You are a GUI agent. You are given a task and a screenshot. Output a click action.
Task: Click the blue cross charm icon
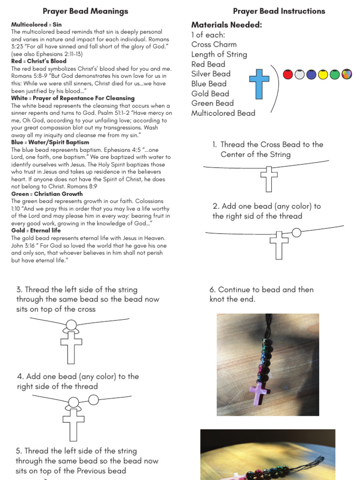259,84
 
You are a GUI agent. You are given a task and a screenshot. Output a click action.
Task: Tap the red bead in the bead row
288,74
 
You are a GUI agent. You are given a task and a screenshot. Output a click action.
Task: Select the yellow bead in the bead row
323,74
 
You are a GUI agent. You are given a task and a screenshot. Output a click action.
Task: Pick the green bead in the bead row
335,74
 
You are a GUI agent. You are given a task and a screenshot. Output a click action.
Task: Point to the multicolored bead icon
346,74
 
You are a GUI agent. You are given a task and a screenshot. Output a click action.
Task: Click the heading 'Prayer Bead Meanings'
85,11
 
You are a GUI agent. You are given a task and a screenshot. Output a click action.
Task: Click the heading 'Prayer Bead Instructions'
279,11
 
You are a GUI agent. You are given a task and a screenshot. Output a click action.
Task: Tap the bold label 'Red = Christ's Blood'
39,61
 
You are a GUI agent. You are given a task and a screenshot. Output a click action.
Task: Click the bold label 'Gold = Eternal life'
36,231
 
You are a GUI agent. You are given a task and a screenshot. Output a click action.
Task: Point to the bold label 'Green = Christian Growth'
47,194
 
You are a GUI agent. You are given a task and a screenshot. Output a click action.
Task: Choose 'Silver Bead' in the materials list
211,74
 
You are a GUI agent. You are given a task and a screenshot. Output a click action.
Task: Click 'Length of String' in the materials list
219,54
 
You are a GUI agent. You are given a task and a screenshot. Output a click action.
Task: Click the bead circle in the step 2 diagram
296,232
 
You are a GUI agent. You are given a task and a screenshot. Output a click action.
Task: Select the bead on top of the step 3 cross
71,324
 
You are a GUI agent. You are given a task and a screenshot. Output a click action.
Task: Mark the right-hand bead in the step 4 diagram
94,399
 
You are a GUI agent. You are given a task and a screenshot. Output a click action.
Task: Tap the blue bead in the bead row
311,74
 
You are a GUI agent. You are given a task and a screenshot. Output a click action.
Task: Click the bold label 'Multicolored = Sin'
36,24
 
